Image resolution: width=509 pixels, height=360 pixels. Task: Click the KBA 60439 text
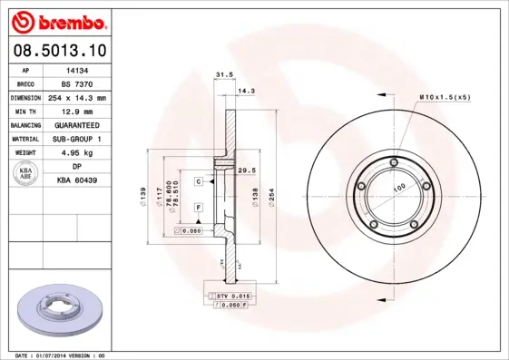pyautogui.click(x=77, y=180)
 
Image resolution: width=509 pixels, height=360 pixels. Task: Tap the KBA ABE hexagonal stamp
pyautogui.click(x=26, y=175)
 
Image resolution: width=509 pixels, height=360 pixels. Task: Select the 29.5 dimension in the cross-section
pyautogui.click(x=244, y=170)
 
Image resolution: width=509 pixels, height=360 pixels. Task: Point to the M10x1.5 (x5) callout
pyautogui.click(x=444, y=96)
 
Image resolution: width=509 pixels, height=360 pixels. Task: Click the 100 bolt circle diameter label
pyautogui.click(x=397, y=189)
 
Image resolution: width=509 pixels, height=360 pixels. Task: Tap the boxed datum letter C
pyautogui.click(x=197, y=182)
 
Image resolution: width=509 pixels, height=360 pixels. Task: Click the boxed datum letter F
pyautogui.click(x=197, y=208)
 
